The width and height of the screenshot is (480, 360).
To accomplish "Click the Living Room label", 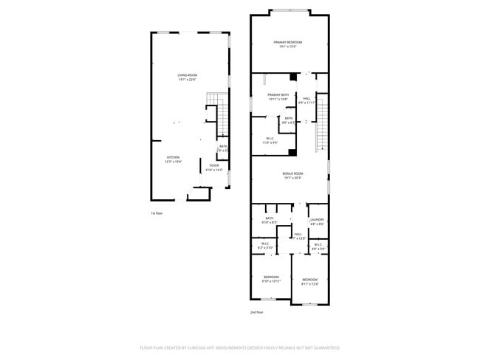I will coord(187,75).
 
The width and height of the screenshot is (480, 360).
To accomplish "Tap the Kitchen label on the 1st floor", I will coord(174,157).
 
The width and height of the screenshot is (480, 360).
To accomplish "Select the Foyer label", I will coord(214,165).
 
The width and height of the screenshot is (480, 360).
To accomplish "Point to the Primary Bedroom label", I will coord(288,42).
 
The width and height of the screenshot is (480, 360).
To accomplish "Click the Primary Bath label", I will coord(278,94).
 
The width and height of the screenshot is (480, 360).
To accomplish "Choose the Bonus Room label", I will coord(293,173).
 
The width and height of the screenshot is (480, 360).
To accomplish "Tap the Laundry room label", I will coord(318,219).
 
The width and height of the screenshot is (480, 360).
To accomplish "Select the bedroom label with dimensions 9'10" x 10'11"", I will coord(272,277).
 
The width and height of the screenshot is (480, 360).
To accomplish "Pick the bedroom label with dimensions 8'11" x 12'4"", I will coord(309,280).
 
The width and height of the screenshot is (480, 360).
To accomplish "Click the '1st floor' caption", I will coord(156,213).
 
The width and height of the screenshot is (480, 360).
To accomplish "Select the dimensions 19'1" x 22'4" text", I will coord(187,80).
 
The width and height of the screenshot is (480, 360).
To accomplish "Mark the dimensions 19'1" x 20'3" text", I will coord(293,178).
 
